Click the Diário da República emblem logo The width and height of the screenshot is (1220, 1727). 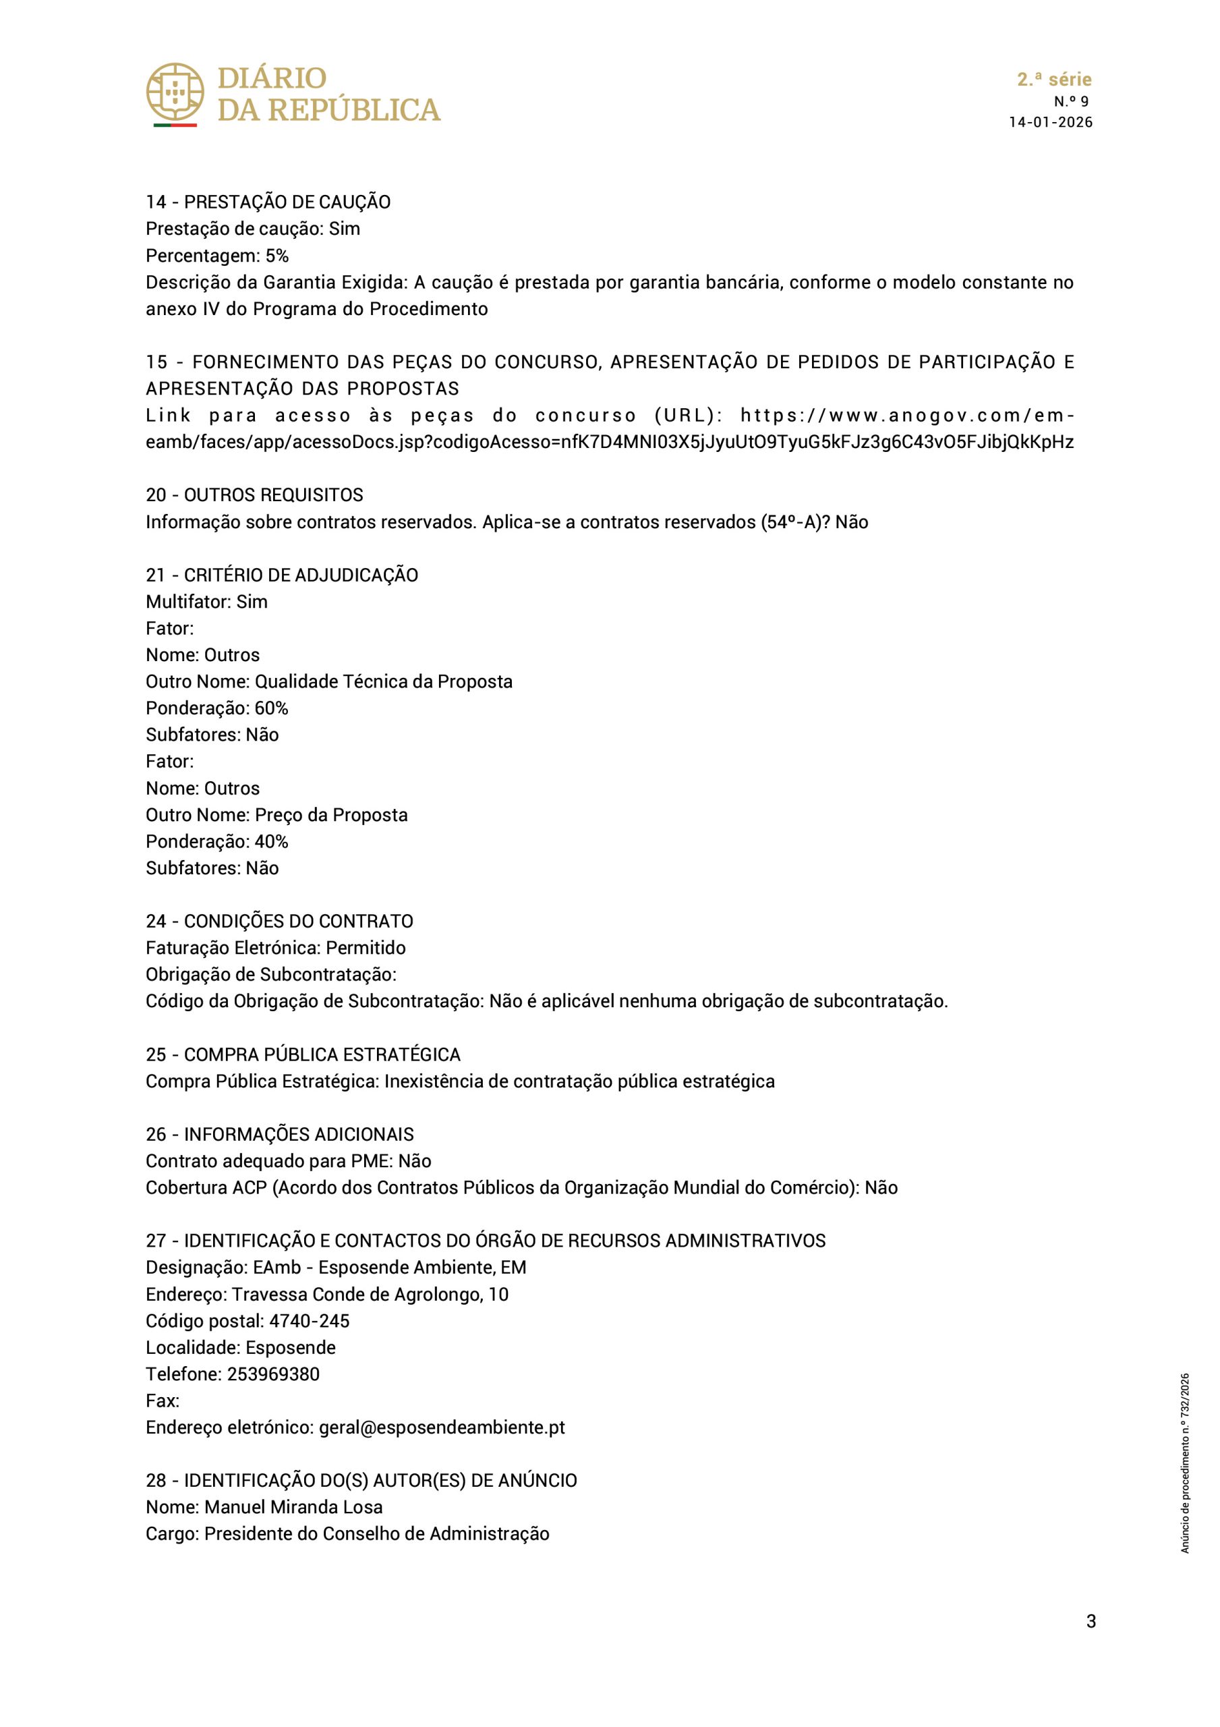pyautogui.click(x=175, y=93)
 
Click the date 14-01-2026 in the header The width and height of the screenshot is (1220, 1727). pyautogui.click(x=1050, y=123)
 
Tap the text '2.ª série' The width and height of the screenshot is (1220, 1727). pyautogui.click(x=1054, y=80)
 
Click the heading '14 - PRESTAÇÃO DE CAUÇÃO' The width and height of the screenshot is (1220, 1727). pyautogui.click(x=268, y=202)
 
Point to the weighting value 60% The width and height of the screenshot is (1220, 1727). pyautogui.click(x=271, y=708)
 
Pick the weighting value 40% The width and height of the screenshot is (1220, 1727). pyautogui.click(x=271, y=841)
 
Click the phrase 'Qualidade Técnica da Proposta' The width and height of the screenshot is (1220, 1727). pyautogui.click(x=384, y=681)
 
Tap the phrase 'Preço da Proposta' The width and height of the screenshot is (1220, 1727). pyautogui.click(x=331, y=815)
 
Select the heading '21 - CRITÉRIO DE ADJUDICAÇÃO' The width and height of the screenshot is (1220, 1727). pyautogui.click(x=282, y=575)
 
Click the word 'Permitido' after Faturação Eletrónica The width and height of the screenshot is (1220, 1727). pyautogui.click(x=366, y=948)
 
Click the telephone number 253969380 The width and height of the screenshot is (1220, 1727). pyautogui.click(x=273, y=1374)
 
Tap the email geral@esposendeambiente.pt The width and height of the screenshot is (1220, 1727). pyautogui.click(x=442, y=1427)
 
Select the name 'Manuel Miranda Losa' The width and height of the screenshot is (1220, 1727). pyautogui.click(x=293, y=1506)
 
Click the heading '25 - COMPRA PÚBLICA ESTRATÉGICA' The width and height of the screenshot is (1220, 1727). pyautogui.click(x=303, y=1054)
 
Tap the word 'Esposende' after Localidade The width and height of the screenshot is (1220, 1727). pyautogui.click(x=291, y=1347)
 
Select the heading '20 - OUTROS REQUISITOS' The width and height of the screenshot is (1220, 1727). pyautogui.click(x=254, y=495)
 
